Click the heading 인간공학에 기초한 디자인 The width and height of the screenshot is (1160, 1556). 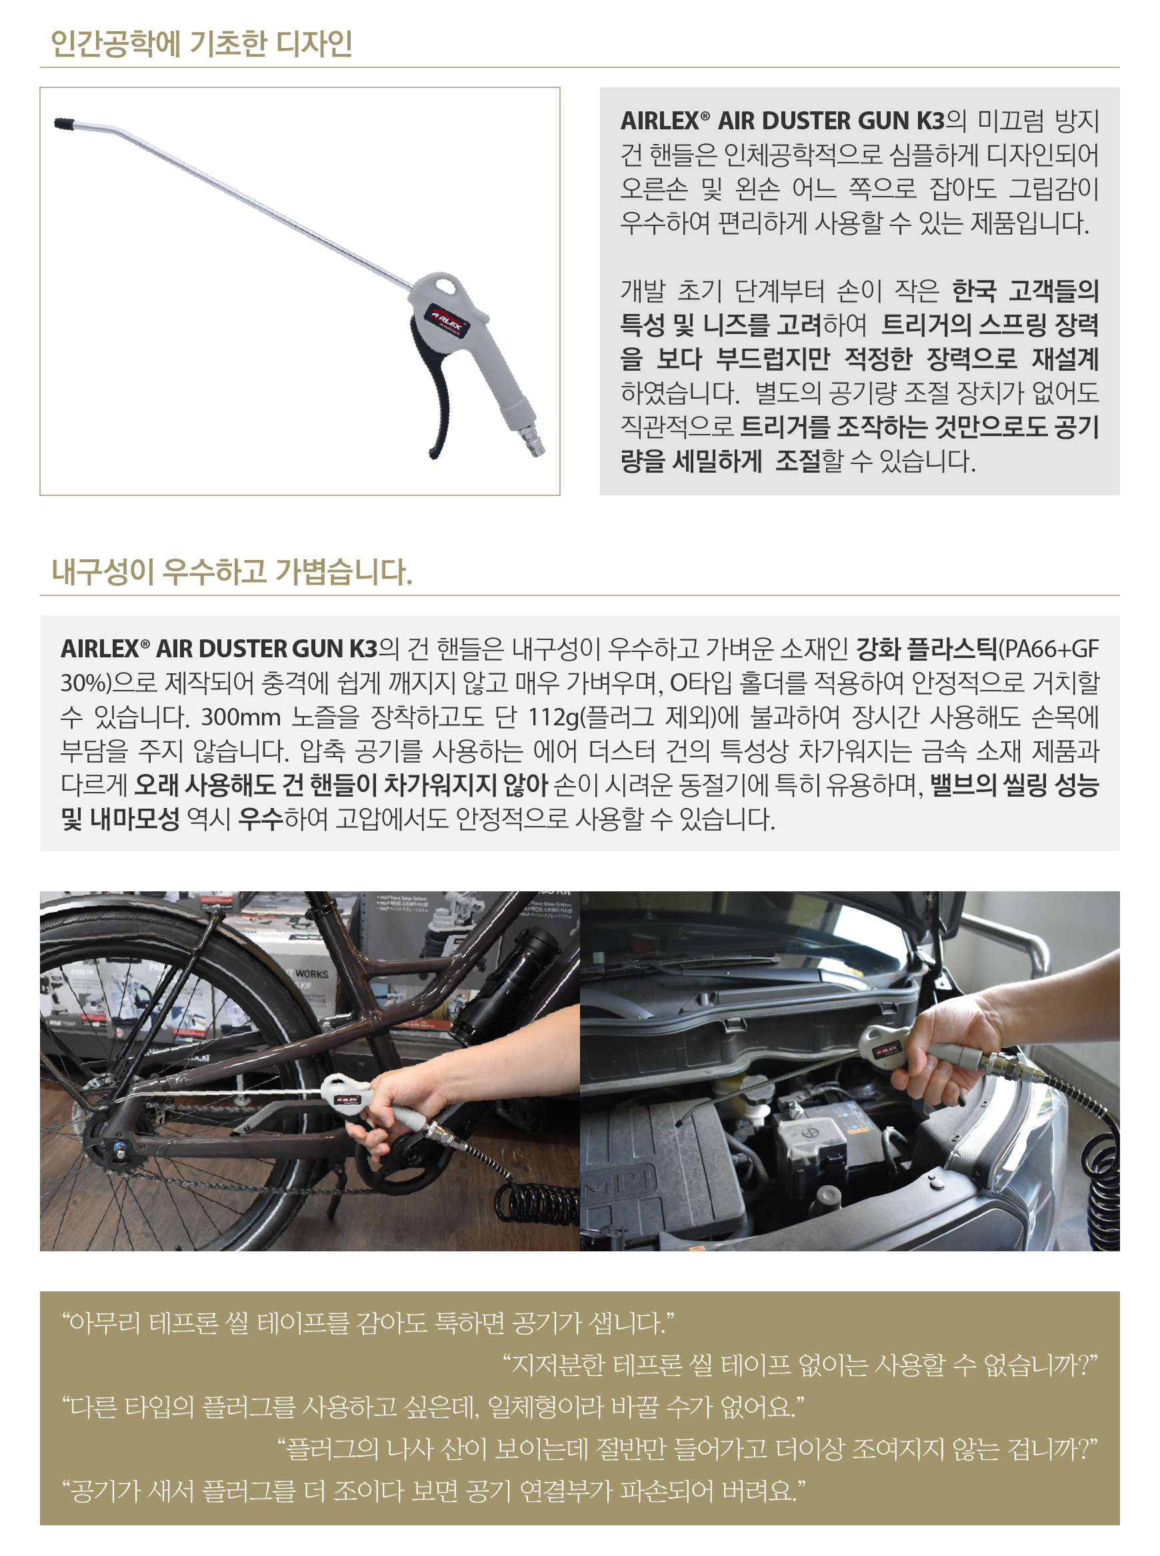[201, 43]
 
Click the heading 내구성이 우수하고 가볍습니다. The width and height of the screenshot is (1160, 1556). [232, 571]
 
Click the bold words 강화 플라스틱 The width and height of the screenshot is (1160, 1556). [925, 649]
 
